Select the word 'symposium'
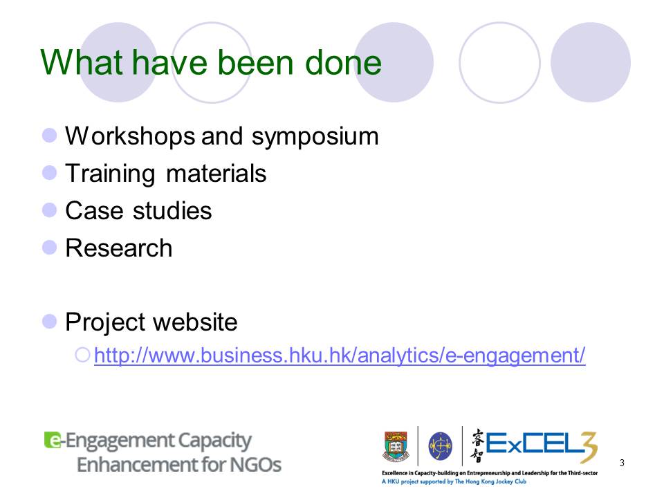click(315, 137)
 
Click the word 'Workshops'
click(131, 137)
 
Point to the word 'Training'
click(110, 174)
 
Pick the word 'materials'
click(216, 174)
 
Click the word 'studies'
click(172, 210)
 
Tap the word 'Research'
click(119, 248)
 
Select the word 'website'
click(195, 322)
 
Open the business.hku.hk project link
click(340, 356)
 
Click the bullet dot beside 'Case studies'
click(50, 210)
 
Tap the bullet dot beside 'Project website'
click(50, 322)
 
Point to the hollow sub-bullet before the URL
click(82, 355)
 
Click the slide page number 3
click(622, 463)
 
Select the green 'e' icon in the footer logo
click(53, 440)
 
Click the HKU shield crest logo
click(396, 446)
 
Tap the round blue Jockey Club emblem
click(441, 446)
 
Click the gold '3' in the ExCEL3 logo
click(588, 448)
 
